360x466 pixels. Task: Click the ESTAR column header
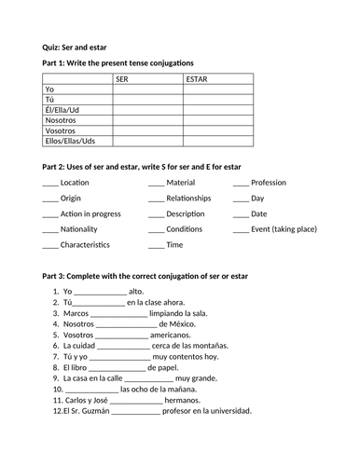coord(197,79)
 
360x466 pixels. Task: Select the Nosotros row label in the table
coord(62,120)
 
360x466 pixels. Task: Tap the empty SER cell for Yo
coord(146,89)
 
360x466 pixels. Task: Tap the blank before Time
coord(156,246)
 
